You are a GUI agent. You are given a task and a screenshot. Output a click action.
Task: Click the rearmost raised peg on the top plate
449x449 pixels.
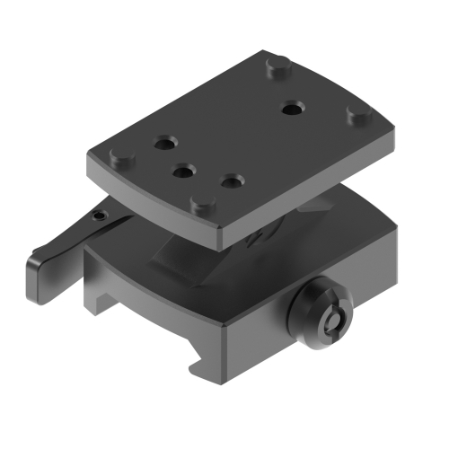click(277, 65)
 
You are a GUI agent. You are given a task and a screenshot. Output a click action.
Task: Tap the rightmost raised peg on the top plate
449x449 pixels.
click(359, 115)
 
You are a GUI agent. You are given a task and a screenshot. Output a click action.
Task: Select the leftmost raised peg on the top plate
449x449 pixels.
click(118, 159)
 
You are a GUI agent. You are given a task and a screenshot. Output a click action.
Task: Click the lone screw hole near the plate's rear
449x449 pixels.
click(290, 110)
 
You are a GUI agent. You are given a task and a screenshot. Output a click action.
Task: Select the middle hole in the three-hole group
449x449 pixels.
click(185, 169)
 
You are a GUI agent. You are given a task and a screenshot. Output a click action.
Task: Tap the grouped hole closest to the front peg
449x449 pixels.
click(232, 182)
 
